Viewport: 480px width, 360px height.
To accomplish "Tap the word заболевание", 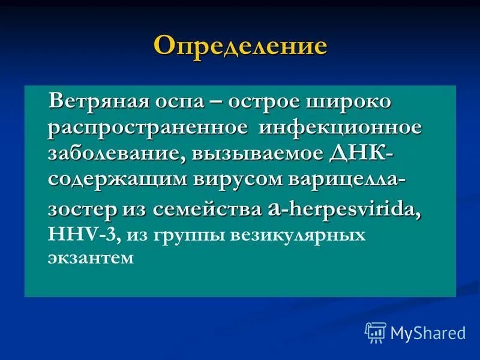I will pyautogui.click(x=116, y=152).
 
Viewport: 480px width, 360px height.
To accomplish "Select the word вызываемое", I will pyautogui.click(x=259, y=152).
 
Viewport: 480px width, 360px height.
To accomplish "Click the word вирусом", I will pyautogui.click(x=230, y=178).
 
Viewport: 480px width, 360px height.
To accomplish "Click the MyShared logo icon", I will pyautogui.click(x=375, y=331).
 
